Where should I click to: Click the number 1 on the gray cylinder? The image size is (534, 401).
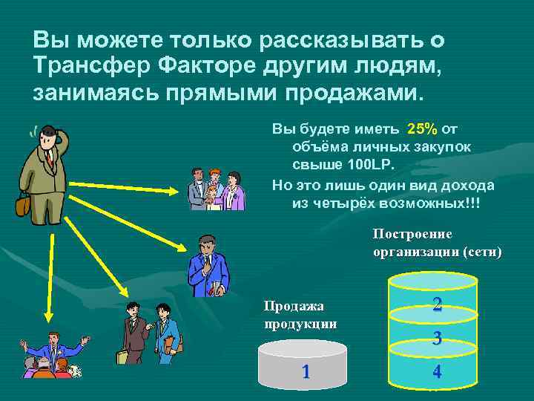(306, 371)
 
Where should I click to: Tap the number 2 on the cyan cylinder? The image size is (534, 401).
(438, 304)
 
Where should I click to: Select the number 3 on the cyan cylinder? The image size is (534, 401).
(438, 339)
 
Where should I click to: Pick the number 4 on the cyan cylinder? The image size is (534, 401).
(437, 372)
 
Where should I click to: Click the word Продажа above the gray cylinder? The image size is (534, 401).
(295, 306)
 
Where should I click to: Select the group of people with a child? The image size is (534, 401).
(214, 190)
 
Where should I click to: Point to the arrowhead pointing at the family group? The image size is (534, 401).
(177, 192)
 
